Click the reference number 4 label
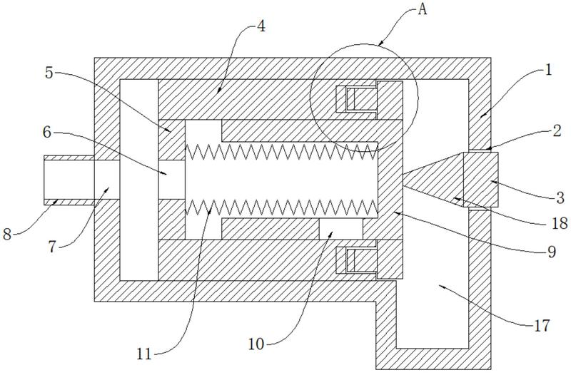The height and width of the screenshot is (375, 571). pyautogui.click(x=261, y=26)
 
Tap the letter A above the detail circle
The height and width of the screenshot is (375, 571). pyautogui.click(x=422, y=9)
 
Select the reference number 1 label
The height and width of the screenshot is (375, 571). pyautogui.click(x=547, y=69)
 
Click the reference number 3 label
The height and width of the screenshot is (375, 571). pyautogui.click(x=560, y=198)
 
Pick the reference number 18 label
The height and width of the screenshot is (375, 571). pyautogui.click(x=560, y=223)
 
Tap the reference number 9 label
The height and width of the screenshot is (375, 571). pyautogui.click(x=552, y=251)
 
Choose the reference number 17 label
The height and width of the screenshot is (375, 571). pyautogui.click(x=542, y=326)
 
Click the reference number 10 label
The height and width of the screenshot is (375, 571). pyautogui.click(x=256, y=344)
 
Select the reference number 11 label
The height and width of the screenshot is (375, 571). pyautogui.click(x=144, y=354)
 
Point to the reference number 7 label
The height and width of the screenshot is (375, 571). pyautogui.click(x=52, y=247)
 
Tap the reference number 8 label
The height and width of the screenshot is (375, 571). pyautogui.click(x=7, y=234)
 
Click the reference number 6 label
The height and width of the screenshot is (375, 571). pyautogui.click(x=47, y=133)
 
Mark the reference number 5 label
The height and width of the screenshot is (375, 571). pyautogui.click(x=49, y=73)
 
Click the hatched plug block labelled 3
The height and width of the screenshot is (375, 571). pyautogui.click(x=480, y=180)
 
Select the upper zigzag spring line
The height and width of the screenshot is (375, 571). pyautogui.click(x=281, y=151)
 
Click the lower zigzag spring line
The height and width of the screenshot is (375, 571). pyautogui.click(x=281, y=207)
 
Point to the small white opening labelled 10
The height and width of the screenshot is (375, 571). pyautogui.click(x=341, y=229)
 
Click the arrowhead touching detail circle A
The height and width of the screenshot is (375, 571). pyautogui.click(x=380, y=43)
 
